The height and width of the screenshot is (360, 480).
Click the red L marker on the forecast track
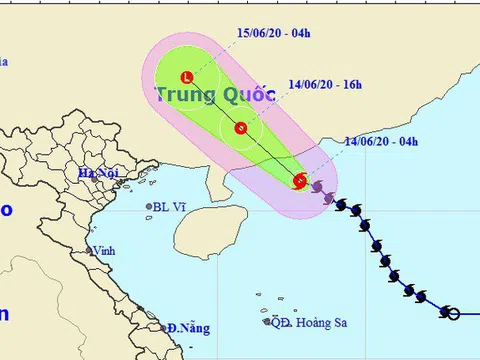[187, 77]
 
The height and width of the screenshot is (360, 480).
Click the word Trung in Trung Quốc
[185, 96]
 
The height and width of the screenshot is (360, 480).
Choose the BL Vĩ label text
[171, 208]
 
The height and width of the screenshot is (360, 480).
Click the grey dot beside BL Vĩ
[149, 208]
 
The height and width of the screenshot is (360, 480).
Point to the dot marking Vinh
[89, 251]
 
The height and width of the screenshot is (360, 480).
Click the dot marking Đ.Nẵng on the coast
[164, 328]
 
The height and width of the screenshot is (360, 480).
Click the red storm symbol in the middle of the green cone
[240, 127]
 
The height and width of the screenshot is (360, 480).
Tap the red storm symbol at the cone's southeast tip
[301, 180]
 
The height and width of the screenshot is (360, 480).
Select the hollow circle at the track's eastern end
[453, 314]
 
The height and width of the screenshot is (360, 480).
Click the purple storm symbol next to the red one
[317, 186]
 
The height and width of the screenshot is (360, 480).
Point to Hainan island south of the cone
[205, 230]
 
